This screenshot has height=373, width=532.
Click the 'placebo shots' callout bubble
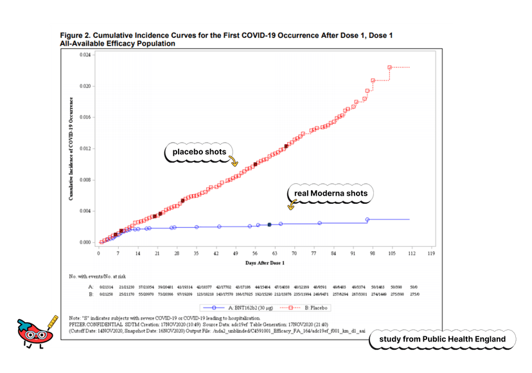point(199,152)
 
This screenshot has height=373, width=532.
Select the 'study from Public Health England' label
point(442,339)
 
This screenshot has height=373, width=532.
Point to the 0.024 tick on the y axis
point(85,55)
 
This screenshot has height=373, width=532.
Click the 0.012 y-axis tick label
point(85,149)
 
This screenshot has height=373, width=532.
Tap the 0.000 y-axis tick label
point(85,242)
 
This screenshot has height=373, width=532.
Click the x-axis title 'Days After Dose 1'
point(265,263)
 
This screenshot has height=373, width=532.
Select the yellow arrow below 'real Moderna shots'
point(291,205)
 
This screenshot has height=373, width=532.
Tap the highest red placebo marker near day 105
point(389,67)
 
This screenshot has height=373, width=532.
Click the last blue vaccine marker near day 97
point(368,219)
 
